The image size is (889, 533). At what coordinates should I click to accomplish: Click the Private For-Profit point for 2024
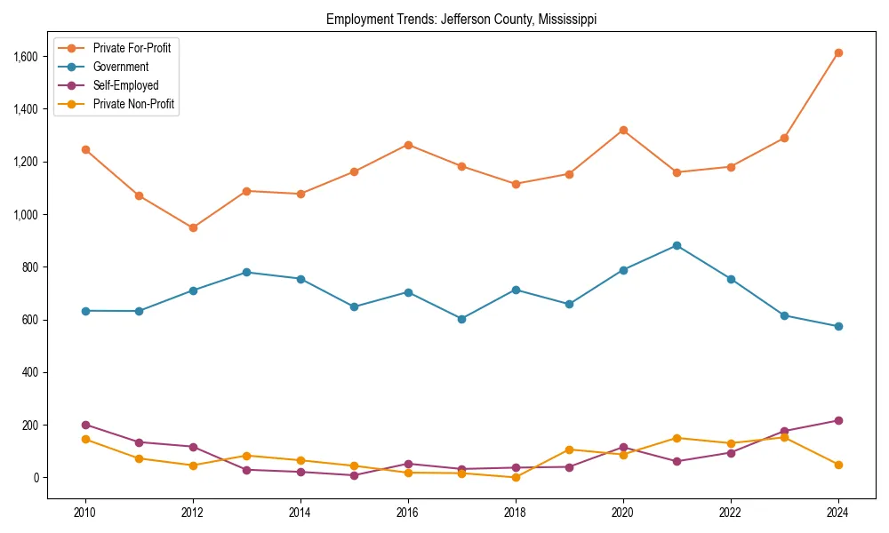(838, 53)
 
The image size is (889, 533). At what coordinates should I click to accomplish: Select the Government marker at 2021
(677, 245)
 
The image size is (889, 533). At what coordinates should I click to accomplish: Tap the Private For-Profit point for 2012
(193, 227)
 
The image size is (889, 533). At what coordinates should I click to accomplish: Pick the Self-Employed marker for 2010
(85, 425)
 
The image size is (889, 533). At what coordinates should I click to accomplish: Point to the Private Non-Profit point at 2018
(516, 477)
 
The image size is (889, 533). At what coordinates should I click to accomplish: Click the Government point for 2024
(838, 326)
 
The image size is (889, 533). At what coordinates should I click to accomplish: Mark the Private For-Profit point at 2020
(623, 130)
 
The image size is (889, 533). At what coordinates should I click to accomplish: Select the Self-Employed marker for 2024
(838, 420)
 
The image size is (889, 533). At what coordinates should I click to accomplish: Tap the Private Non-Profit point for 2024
(838, 465)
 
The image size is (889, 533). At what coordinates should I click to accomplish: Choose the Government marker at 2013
(246, 272)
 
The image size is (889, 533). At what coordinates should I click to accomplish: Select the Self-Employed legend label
(125, 85)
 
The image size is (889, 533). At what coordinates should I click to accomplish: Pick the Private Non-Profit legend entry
(133, 104)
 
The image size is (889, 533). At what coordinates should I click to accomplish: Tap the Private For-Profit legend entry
(132, 48)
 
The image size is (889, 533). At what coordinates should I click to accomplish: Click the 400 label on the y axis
(32, 372)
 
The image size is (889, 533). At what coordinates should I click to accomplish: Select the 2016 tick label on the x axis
(408, 513)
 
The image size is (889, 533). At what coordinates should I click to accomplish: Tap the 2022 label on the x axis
(731, 513)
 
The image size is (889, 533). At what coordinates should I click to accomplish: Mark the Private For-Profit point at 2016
(408, 145)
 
